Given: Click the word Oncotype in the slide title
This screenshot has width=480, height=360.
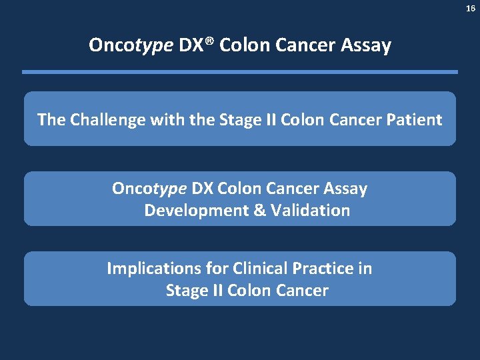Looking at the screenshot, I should click(x=131, y=45).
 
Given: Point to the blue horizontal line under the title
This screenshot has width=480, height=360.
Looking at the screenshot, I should click(x=240, y=72).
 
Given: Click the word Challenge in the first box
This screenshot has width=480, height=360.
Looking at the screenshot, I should click(x=108, y=120).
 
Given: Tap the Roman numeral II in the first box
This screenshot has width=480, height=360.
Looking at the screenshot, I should click(x=269, y=120).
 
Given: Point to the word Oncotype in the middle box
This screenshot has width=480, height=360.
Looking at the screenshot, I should click(x=149, y=189).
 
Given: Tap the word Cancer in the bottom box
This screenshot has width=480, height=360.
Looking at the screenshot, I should click(x=301, y=291).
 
